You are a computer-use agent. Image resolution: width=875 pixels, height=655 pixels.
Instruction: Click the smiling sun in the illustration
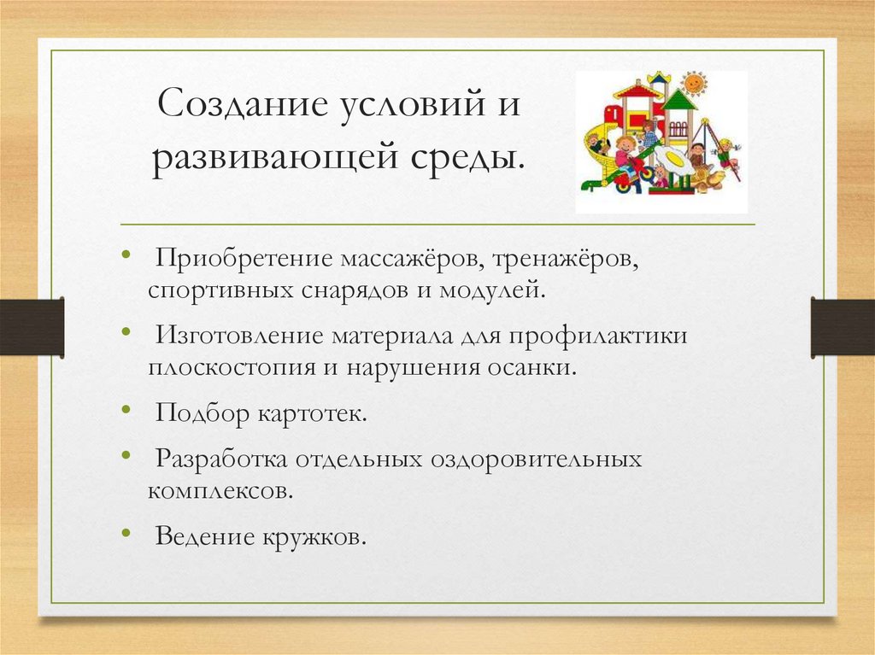tap(694, 83)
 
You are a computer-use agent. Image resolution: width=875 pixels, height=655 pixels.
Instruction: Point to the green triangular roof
tap(679, 100)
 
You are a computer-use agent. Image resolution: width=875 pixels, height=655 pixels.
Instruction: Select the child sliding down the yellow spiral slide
tap(597, 141)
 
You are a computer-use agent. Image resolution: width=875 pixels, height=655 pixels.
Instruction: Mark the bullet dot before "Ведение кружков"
tap(126, 534)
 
